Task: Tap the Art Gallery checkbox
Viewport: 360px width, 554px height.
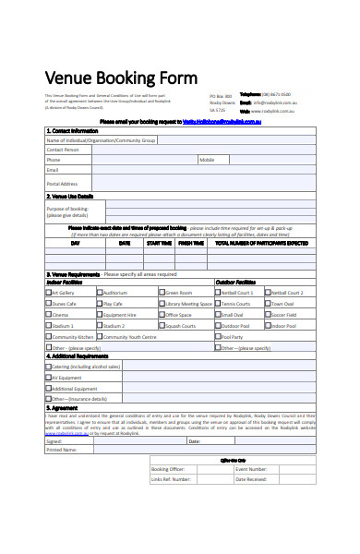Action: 49,292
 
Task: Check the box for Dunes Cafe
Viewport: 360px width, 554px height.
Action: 49,303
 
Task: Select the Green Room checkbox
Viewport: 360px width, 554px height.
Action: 161,292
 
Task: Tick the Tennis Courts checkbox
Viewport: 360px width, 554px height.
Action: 218,303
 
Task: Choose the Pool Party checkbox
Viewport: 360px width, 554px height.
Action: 218,337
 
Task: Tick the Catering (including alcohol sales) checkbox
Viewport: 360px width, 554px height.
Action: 49,367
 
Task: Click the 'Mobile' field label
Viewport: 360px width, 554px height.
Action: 207,160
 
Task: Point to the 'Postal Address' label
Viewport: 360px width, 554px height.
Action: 62,184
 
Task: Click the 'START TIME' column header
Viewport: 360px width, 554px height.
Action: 158,244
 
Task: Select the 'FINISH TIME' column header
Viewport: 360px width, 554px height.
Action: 191,244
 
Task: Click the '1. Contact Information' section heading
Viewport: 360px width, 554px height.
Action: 72,131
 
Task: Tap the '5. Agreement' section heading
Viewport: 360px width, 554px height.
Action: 63,407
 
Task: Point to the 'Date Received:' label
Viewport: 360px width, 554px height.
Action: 251,479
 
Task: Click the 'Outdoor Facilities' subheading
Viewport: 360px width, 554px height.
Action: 235,282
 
